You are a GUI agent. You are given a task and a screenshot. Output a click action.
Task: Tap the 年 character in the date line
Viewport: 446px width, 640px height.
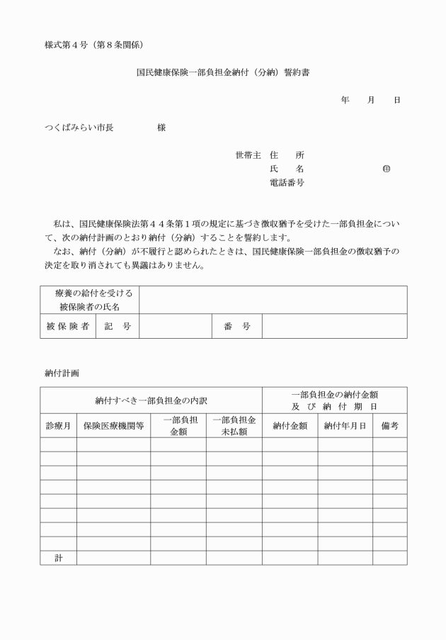click(x=345, y=101)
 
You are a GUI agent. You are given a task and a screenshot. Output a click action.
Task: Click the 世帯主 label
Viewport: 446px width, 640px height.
click(x=248, y=155)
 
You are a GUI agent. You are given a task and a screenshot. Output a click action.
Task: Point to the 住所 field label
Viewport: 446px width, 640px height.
click(x=287, y=155)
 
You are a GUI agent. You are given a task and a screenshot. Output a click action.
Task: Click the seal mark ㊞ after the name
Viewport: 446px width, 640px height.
click(x=386, y=169)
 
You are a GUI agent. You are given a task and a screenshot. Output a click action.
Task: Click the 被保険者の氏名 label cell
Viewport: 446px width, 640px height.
click(x=89, y=300)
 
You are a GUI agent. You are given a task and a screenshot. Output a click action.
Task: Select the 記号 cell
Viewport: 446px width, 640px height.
click(x=118, y=326)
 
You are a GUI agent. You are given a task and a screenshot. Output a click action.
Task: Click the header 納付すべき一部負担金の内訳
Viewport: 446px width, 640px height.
click(x=151, y=400)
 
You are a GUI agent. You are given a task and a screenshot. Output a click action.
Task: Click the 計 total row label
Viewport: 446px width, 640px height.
click(x=59, y=558)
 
